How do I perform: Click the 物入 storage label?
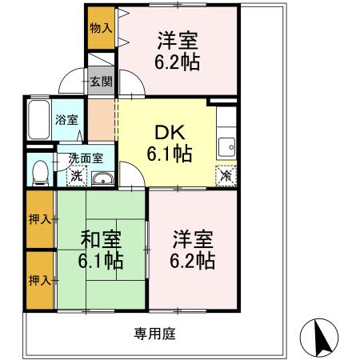tap(100, 27)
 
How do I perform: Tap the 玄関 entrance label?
tap(101, 81)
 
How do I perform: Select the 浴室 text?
tap(66, 121)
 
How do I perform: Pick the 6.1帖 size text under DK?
tap(168, 154)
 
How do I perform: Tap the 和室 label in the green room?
tap(102, 238)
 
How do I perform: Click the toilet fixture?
tap(38, 171)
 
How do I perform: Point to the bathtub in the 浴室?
tap(38, 120)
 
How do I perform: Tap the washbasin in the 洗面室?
tap(102, 178)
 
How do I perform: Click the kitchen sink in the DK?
tap(226, 147)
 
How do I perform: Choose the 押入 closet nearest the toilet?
tap(40, 219)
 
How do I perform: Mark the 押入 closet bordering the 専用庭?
tap(40, 280)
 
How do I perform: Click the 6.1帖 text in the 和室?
tap(102, 260)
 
